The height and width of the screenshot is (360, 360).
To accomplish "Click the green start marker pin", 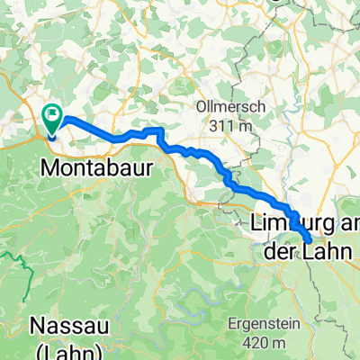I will pos(52,121).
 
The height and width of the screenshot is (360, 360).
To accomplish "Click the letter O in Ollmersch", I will pos(202,106).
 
